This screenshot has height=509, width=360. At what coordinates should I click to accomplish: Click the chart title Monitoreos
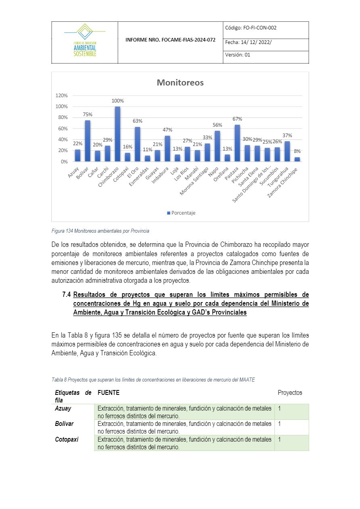(180, 83)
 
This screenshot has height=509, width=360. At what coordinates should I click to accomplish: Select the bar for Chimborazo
(117, 134)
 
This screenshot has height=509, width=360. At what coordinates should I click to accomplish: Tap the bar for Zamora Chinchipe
(297, 159)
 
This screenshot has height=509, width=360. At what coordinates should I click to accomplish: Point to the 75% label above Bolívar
(88, 115)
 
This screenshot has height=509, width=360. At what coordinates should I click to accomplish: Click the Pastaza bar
(237, 143)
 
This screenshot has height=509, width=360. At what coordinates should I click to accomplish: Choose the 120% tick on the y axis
(62, 96)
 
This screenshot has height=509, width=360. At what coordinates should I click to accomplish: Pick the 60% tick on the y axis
(63, 129)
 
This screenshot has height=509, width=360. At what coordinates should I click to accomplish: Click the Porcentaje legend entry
(181, 213)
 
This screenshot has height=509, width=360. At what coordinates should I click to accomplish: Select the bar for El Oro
(138, 144)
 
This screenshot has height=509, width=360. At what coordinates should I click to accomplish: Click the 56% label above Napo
(217, 125)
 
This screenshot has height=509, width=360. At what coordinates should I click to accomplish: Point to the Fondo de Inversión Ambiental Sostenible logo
(85, 40)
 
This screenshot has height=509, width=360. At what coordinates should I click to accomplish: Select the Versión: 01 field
(238, 55)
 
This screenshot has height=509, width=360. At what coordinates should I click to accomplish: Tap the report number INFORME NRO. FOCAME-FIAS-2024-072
(170, 40)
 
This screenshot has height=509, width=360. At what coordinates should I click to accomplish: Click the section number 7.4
(67, 294)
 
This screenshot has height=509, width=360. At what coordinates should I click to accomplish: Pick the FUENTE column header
(109, 392)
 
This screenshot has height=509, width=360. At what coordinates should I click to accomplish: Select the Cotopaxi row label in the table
(67, 440)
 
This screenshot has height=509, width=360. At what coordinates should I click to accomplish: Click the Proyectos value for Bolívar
(279, 424)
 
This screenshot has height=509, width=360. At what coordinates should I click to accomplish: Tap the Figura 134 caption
(100, 231)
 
